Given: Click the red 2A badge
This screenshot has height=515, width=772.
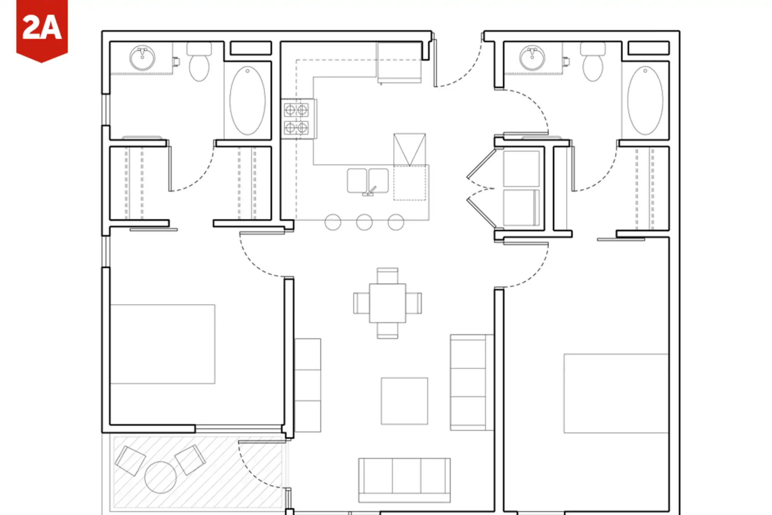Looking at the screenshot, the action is (42, 30).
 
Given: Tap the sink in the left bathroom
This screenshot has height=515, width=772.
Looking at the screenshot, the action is (142, 58).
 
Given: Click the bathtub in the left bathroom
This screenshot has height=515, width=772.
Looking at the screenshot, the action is (247, 100).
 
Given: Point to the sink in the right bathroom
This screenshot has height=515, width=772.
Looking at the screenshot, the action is (532, 58).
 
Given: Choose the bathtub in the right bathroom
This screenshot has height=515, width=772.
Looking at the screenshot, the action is (645, 100).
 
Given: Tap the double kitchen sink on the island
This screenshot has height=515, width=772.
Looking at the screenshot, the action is (368, 181).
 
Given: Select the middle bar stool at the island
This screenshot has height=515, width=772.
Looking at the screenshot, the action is (364, 222).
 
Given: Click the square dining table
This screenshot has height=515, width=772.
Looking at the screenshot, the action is (387, 303).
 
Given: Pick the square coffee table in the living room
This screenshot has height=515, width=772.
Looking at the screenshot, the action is (404, 401).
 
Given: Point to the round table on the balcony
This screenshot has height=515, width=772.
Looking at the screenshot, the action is (160, 477).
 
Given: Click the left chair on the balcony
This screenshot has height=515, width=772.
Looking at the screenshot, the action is (130, 461).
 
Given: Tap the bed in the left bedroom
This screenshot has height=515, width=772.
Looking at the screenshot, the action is (163, 344).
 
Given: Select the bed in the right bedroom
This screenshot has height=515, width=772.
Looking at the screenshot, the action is (616, 393).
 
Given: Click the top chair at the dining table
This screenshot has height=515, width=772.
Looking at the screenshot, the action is (387, 276).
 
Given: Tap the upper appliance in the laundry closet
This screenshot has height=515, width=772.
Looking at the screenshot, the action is (521, 168).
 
